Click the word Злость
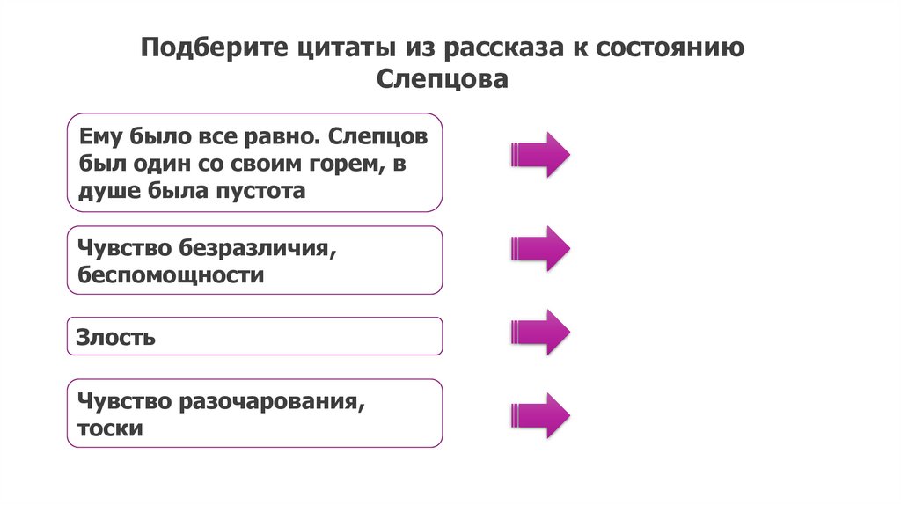pyautogui.click(x=116, y=336)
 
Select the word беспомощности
pyautogui.click(x=171, y=274)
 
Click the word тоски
pyautogui.click(x=110, y=428)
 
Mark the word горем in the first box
pyautogui.click(x=344, y=164)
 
